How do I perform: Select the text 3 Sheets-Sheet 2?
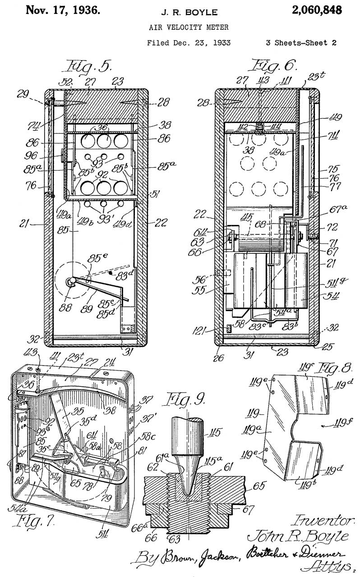300,43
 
